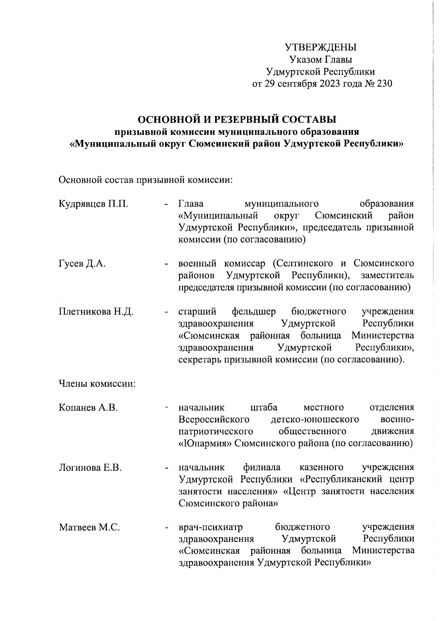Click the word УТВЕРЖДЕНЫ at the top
(x=321, y=48)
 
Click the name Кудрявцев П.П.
(x=94, y=204)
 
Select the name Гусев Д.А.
(x=82, y=264)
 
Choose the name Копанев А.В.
(x=88, y=407)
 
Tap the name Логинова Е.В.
(x=90, y=467)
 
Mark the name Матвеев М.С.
(x=90, y=527)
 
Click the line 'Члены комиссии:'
(x=98, y=384)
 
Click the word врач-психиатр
(x=210, y=527)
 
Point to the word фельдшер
(x=254, y=312)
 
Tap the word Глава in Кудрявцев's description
(x=191, y=204)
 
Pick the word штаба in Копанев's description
(x=264, y=407)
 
